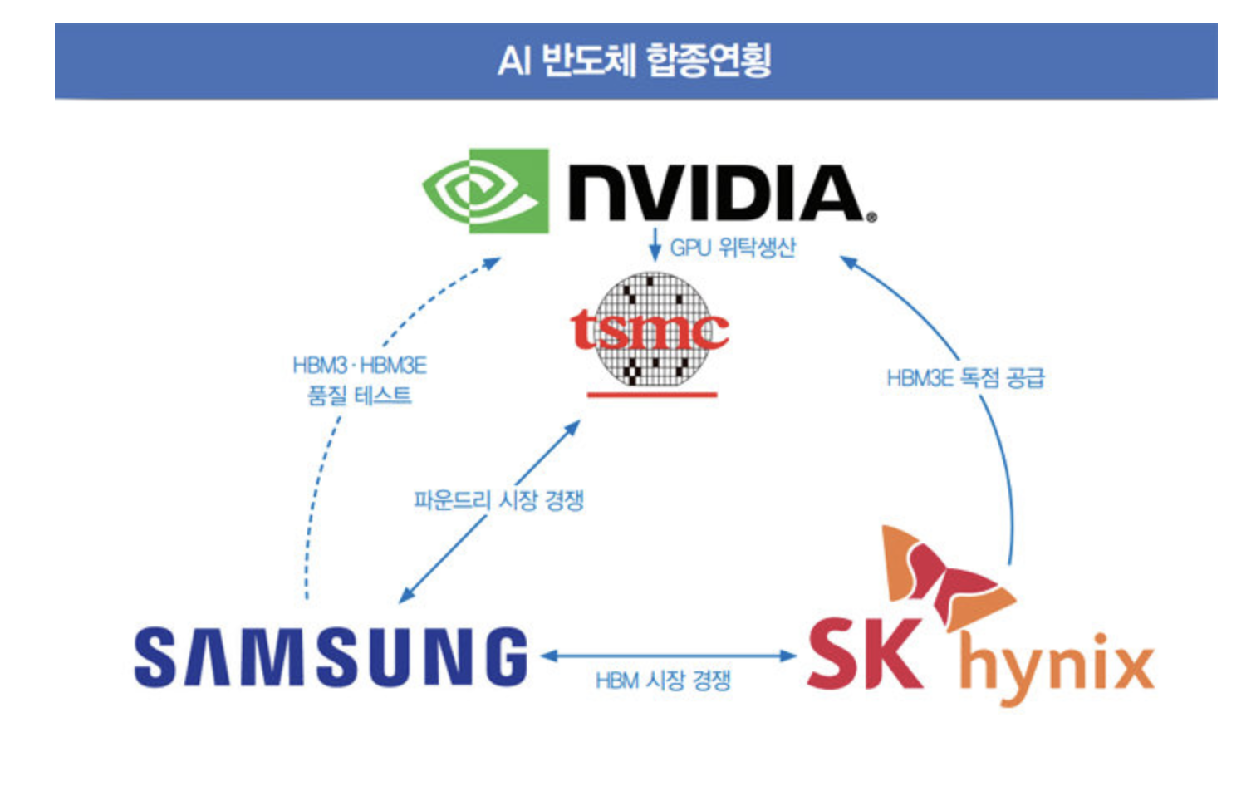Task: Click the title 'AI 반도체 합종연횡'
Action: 635,60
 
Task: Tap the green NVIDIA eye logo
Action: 485,191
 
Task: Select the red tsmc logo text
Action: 650,331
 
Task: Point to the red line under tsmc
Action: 652,394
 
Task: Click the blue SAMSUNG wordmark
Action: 331,658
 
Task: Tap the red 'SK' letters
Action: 864,655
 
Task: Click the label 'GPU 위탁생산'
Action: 733,248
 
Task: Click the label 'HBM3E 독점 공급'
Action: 965,379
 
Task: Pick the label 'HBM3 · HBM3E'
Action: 360,366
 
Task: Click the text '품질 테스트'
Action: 360,395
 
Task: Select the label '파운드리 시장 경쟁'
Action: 498,500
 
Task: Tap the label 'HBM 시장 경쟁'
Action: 663,681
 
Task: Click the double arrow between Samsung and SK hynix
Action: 669,656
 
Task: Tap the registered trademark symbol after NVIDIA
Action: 871,218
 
